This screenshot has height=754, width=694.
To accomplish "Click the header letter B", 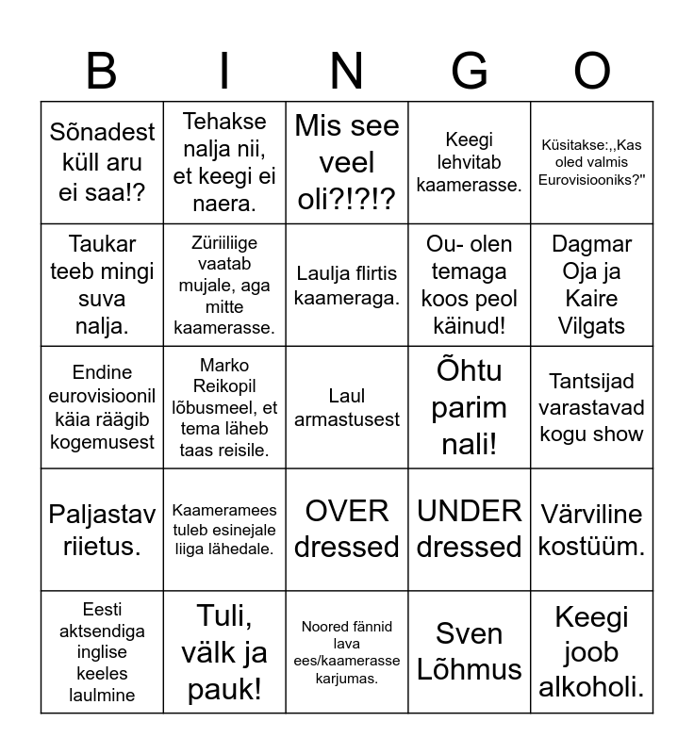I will (102, 71).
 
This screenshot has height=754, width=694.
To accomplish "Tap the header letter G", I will (470, 71).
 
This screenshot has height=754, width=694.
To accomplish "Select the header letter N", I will (347, 71).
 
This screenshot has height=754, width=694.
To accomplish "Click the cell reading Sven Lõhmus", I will (470, 651).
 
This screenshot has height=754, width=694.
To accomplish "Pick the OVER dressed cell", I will (347, 529).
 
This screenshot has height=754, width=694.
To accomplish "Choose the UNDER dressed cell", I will (470, 529).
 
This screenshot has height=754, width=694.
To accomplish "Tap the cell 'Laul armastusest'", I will (347, 407).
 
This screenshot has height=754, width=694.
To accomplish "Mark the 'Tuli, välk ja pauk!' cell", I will (224, 651).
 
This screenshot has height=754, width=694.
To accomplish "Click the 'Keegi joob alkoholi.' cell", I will (592, 651).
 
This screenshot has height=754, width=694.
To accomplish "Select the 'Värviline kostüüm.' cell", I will (592, 529).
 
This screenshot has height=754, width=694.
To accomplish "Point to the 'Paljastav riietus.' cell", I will (102, 529).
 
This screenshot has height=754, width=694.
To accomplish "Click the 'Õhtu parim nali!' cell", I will (470, 407).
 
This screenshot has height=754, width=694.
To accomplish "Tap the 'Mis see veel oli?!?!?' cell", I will (347, 162).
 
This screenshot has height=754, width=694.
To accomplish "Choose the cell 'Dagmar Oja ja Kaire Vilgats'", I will (592, 285).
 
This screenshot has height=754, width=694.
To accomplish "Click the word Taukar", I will (102, 244).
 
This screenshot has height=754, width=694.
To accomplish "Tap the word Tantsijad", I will (592, 381).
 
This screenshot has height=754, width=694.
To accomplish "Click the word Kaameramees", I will (224, 511).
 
